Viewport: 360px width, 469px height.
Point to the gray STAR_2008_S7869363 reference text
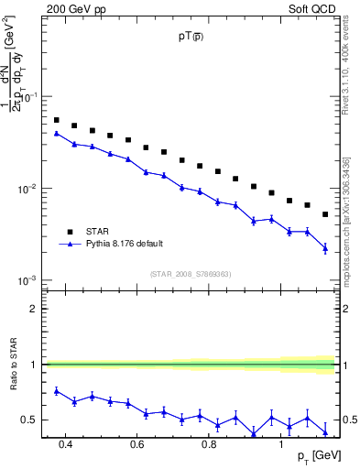click(191, 273)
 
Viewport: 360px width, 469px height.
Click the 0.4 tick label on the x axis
click(65, 445)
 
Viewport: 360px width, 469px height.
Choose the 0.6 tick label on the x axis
click(136, 445)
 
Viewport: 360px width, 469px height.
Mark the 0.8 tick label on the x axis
click(209, 445)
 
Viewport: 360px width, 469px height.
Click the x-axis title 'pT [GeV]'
click(314, 456)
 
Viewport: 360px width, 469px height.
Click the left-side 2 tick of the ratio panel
click(34, 309)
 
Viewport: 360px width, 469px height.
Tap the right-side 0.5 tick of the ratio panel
click(349, 420)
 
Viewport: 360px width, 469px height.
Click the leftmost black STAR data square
click(56, 120)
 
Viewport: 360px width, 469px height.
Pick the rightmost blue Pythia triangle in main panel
click(325, 247)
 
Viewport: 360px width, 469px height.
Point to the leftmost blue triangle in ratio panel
click(56, 391)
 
